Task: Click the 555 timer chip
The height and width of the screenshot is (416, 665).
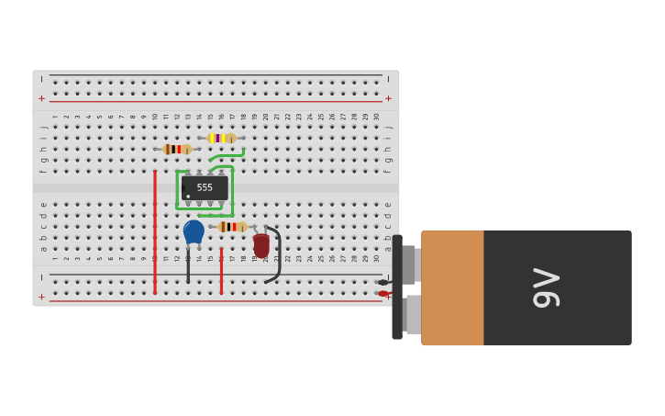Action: point(205,187)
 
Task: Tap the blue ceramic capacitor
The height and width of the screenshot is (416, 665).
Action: point(194,230)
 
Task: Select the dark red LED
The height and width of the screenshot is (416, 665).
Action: point(261,245)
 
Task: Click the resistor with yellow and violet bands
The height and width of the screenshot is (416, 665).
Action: point(221,138)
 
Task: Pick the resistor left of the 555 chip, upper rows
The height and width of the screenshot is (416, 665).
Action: point(177,149)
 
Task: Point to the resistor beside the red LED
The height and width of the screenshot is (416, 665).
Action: point(232,226)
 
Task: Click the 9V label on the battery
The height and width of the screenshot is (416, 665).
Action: point(546,287)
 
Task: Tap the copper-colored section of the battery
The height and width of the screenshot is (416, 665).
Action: point(452,287)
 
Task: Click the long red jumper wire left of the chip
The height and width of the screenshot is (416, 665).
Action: point(155,231)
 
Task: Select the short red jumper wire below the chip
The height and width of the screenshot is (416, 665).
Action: point(221,270)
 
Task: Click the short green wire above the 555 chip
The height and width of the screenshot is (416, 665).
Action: point(227,155)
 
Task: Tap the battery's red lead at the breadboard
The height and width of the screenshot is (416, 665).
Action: point(383,294)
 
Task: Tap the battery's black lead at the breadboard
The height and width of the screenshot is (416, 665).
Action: point(383,282)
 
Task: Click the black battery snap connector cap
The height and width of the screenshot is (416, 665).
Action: point(397,287)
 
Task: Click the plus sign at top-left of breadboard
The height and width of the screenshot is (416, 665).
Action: point(41,98)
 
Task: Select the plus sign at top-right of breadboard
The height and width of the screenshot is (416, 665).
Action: point(388,98)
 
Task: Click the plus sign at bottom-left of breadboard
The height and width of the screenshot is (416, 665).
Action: point(41,297)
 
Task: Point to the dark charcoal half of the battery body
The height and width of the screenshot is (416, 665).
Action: point(558,287)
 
